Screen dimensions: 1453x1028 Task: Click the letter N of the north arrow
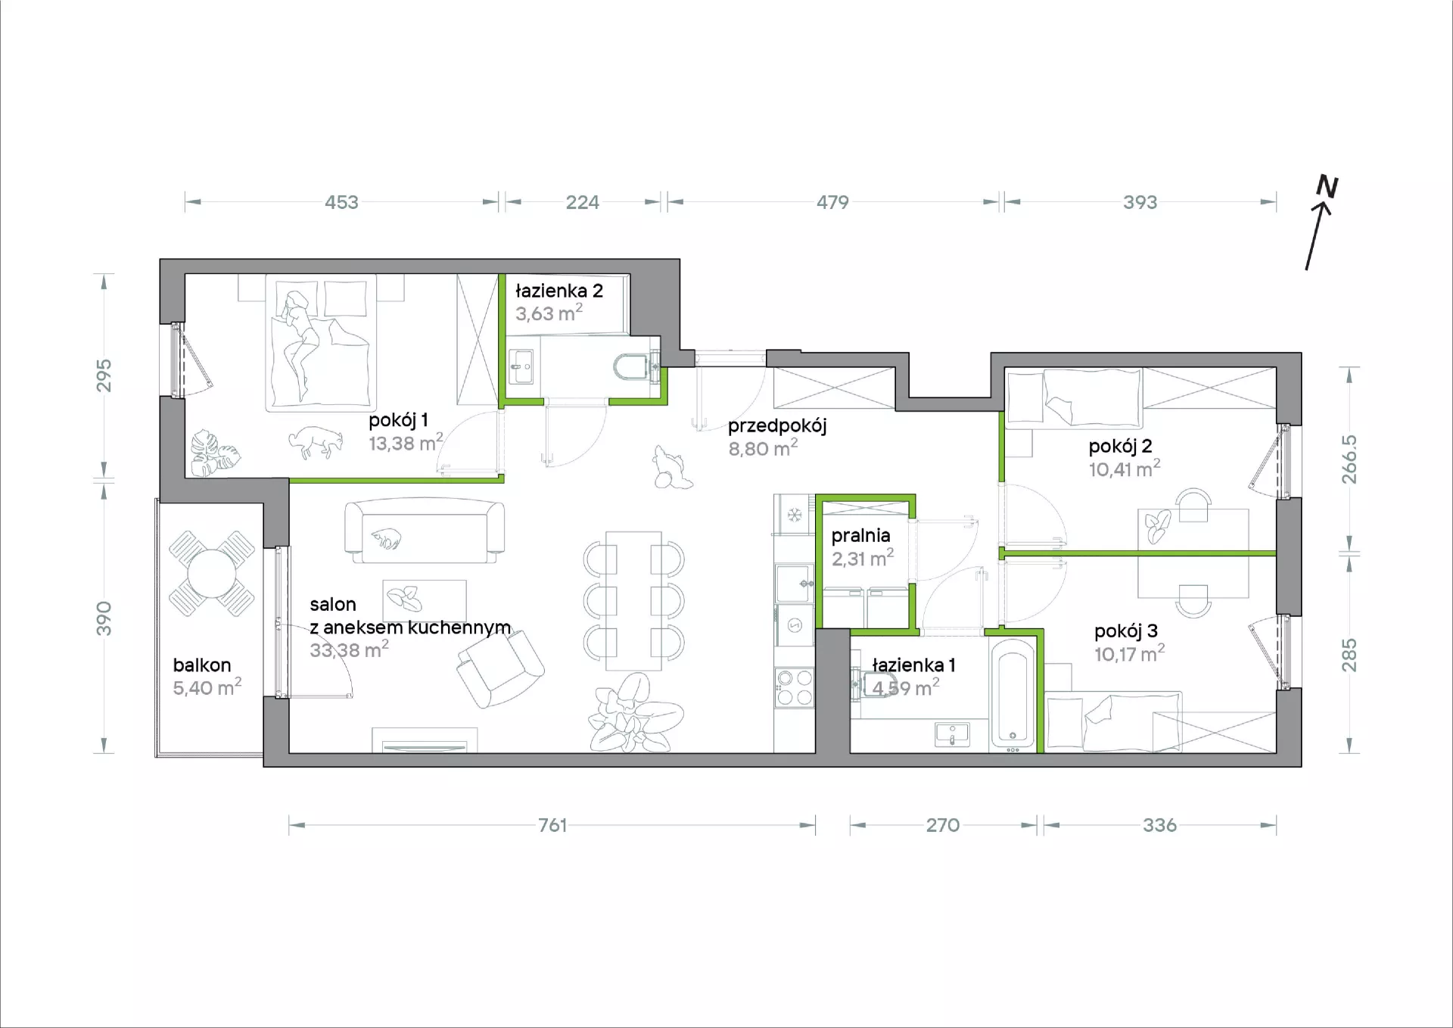[1327, 186]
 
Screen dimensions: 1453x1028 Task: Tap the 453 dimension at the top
[341, 202]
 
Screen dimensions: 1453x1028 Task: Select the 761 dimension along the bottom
[552, 825]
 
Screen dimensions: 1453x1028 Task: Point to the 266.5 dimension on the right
[1349, 459]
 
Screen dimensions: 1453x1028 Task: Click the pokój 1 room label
[398, 420]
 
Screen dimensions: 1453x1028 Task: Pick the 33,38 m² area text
[349, 650]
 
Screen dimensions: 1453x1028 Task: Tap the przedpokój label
[777, 426]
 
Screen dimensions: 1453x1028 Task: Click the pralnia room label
[860, 536]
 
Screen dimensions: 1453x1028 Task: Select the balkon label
[202, 665]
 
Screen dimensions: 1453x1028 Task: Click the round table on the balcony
[211, 573]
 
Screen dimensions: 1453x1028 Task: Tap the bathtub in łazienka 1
[1013, 693]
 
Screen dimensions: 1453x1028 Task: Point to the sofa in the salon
[425, 531]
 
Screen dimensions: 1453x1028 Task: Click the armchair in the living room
[499, 668]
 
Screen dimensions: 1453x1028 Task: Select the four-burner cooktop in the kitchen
[794, 687]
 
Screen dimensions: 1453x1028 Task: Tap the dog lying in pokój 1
[316, 441]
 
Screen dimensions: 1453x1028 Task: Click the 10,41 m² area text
[1125, 469]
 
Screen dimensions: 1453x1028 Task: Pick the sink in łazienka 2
[521, 368]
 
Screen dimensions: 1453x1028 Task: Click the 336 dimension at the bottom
[1159, 825]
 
